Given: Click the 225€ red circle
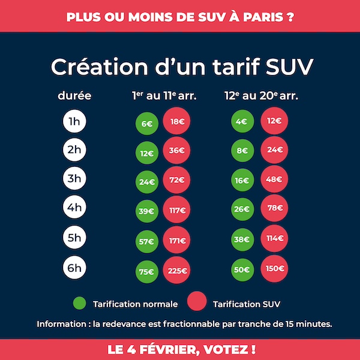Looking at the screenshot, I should (x=176, y=270).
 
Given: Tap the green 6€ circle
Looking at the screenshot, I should (x=146, y=124).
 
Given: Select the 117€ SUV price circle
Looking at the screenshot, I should (x=176, y=211).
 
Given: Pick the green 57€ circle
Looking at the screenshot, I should (x=146, y=241).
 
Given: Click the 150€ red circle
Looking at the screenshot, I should (x=275, y=268).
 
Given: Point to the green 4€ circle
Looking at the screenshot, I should (x=242, y=122).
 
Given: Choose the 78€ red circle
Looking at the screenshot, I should (x=275, y=208).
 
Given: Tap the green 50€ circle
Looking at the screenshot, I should (x=242, y=269).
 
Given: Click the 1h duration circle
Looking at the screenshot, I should (x=74, y=122).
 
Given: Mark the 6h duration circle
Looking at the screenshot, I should (x=74, y=268).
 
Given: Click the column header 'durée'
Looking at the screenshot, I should (x=74, y=95).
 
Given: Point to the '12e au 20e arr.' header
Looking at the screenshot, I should (x=261, y=95).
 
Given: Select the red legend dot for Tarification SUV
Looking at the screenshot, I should (x=197, y=303).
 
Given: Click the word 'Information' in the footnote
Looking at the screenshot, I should (x=59, y=324).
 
